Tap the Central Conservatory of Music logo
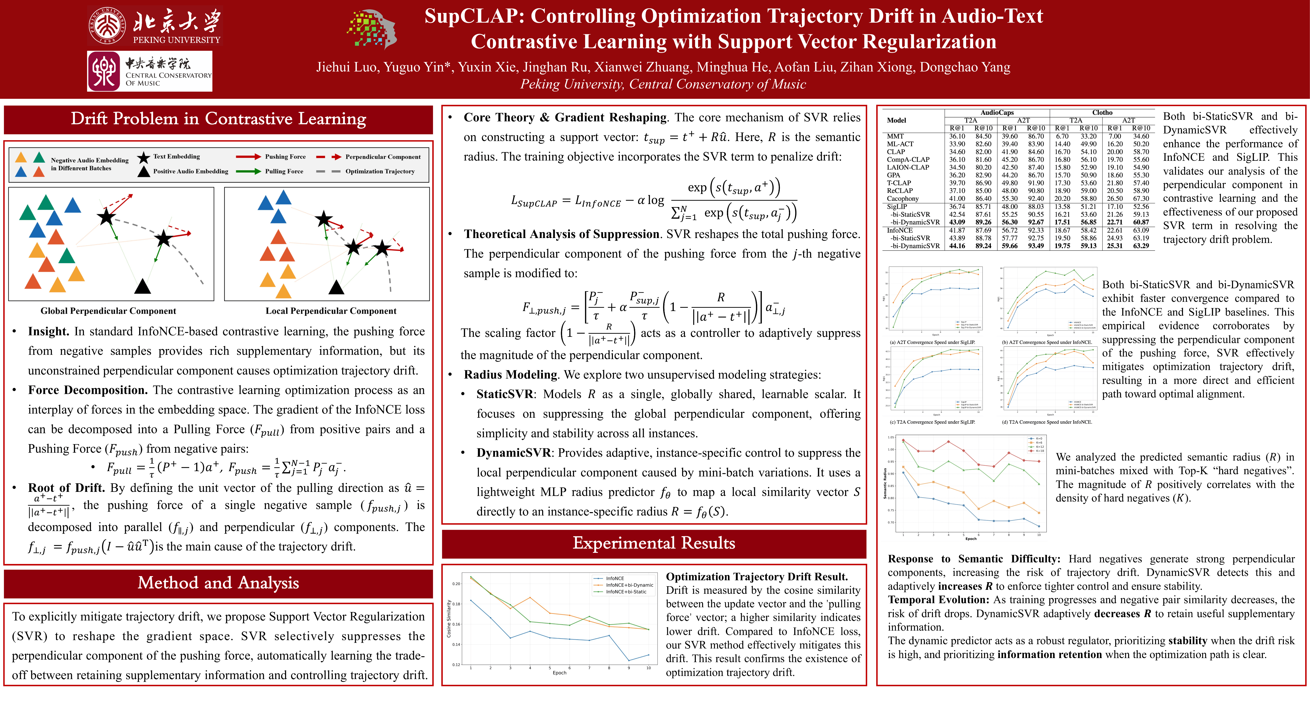tap(150, 71)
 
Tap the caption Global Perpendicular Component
tap(108, 311)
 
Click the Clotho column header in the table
tap(1102, 113)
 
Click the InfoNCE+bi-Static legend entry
tap(626, 592)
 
